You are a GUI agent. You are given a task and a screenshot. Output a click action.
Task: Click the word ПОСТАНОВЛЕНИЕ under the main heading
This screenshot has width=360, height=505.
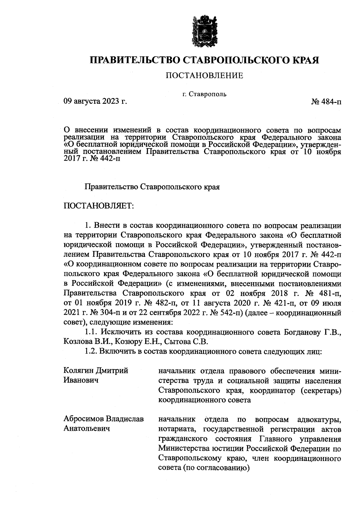point(204,76)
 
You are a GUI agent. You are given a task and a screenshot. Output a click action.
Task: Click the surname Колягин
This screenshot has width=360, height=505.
point(79,371)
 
